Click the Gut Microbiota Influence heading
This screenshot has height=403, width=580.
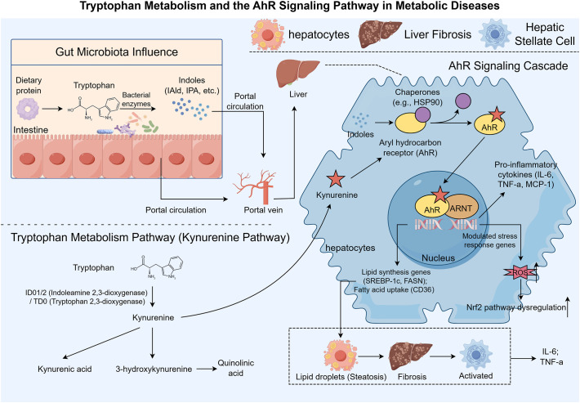pyautogui.click(x=117, y=51)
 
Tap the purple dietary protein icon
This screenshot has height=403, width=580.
pyautogui.click(x=28, y=109)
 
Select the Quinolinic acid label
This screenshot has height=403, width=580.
pyautogui.click(x=235, y=368)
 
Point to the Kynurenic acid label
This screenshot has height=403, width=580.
pyautogui.click(x=65, y=369)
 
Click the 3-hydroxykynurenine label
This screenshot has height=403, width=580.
pyautogui.click(x=154, y=369)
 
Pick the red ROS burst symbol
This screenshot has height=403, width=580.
pyautogui.click(x=520, y=272)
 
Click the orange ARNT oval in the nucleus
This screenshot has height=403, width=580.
pyautogui.click(x=462, y=208)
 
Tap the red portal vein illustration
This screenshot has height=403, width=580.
pyautogui.click(x=254, y=186)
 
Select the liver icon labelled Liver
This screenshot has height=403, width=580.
pyautogui.click(x=298, y=74)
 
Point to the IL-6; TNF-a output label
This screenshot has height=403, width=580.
pyautogui.click(x=551, y=357)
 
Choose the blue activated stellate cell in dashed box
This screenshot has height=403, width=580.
pyautogui.click(x=475, y=354)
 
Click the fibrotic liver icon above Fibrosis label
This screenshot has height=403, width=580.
pyautogui.click(x=410, y=356)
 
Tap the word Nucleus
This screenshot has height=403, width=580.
pyautogui.click(x=439, y=258)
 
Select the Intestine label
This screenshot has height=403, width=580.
pyautogui.click(x=31, y=130)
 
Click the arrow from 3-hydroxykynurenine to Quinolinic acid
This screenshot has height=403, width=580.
pyautogui.click(x=207, y=369)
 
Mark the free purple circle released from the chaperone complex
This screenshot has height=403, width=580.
pyautogui.click(x=462, y=101)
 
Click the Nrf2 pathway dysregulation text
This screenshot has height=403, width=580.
pyautogui.click(x=516, y=307)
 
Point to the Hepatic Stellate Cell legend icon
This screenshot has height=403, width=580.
pyautogui.click(x=495, y=34)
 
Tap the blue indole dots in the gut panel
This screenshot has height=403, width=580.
pyautogui.click(x=191, y=110)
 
